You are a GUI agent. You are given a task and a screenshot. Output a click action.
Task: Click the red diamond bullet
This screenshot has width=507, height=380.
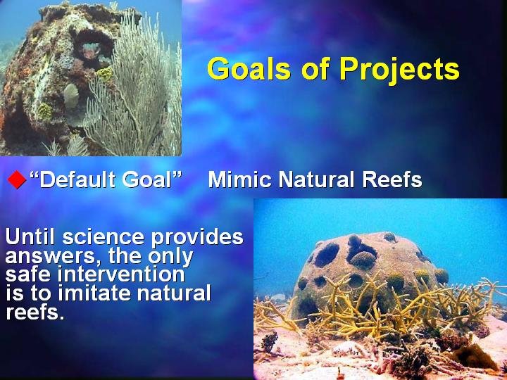click(17, 179)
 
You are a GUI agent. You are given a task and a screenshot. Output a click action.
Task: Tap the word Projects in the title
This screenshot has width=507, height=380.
click(400, 70)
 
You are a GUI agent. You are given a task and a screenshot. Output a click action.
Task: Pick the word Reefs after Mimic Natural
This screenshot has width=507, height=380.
click(392, 179)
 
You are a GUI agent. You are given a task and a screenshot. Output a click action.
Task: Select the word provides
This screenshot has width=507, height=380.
click(197, 238)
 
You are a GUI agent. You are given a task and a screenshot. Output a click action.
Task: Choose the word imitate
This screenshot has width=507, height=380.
click(94, 293)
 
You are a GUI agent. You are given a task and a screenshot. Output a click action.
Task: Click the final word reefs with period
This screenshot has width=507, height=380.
click(35, 312)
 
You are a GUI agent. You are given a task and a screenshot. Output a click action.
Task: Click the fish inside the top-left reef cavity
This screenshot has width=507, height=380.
click(91, 51)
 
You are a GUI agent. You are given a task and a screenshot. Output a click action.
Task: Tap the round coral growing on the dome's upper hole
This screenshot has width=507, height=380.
click(363, 260)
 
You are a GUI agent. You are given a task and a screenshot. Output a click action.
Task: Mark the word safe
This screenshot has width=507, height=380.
click(28, 274)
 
